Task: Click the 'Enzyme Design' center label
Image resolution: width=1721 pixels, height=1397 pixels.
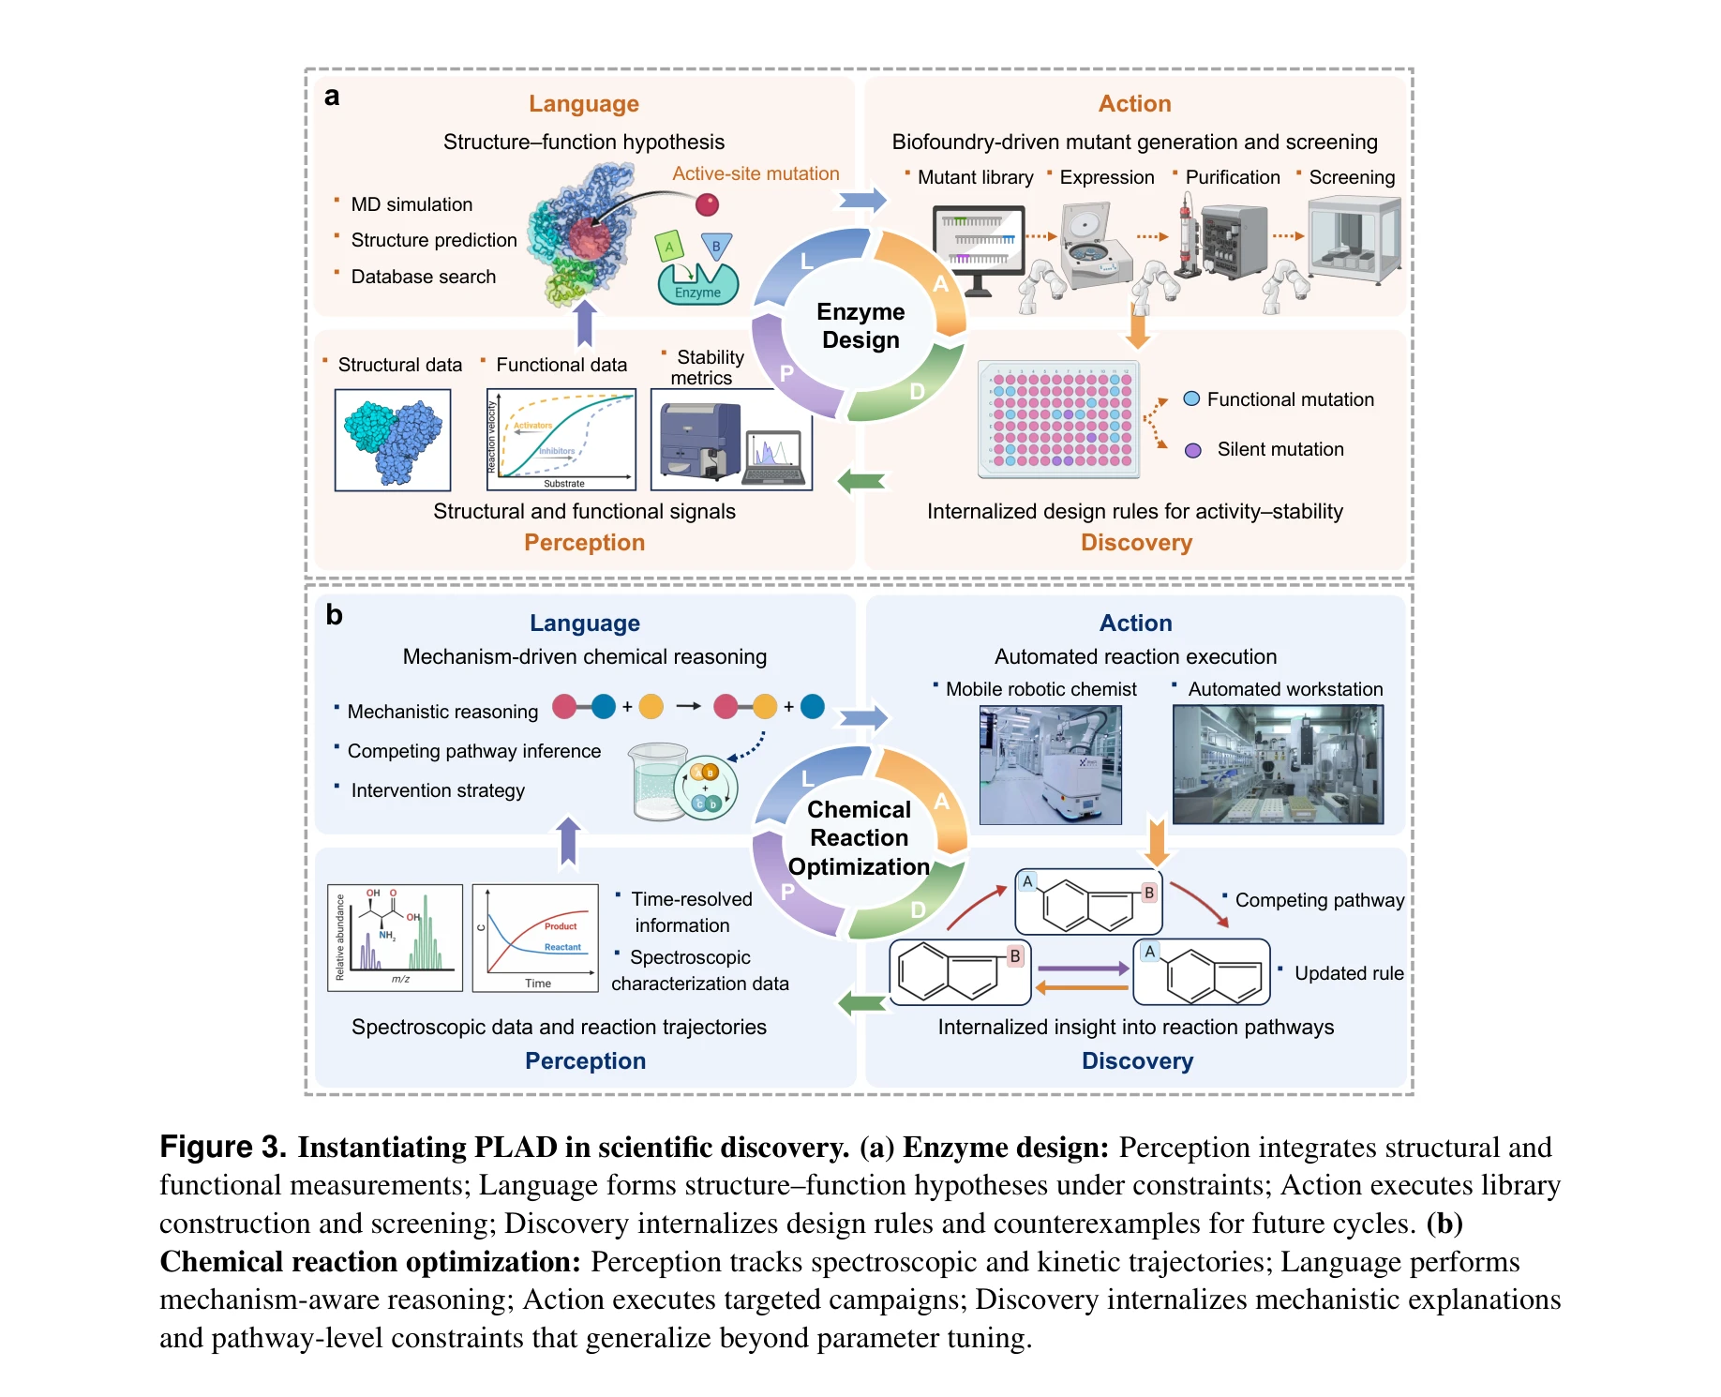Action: [x=860, y=325]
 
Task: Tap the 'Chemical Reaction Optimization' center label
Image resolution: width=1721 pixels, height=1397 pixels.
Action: [x=859, y=837]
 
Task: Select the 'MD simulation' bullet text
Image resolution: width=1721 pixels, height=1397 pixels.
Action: [x=412, y=204]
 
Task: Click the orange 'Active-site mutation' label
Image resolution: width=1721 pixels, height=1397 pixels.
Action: [x=756, y=173]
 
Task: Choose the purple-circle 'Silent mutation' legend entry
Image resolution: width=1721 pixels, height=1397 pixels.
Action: [x=1265, y=449]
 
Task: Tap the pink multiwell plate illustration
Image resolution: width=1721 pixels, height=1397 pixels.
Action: [x=1059, y=419]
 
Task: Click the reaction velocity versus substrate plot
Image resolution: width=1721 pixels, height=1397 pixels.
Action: [x=561, y=440]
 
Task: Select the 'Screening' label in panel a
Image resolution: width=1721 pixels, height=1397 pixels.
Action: [x=1352, y=177]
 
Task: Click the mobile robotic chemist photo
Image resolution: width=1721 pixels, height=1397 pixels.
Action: [x=1050, y=765]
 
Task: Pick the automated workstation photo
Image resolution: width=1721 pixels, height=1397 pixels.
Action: [x=1278, y=765]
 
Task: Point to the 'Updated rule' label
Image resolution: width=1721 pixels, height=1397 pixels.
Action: [x=1349, y=973]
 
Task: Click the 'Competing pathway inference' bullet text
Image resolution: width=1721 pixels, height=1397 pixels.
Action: [x=473, y=751]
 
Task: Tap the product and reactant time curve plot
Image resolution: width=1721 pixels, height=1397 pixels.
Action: [x=535, y=938]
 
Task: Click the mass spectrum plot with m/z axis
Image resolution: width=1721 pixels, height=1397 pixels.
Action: [x=395, y=938]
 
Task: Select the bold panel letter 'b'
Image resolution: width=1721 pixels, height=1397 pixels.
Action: [x=334, y=615]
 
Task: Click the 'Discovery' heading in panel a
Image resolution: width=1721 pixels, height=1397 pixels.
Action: [x=1136, y=543]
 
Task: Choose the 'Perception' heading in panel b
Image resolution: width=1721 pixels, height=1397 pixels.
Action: [x=585, y=1060]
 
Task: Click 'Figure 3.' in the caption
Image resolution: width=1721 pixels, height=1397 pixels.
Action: [x=222, y=1147]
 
